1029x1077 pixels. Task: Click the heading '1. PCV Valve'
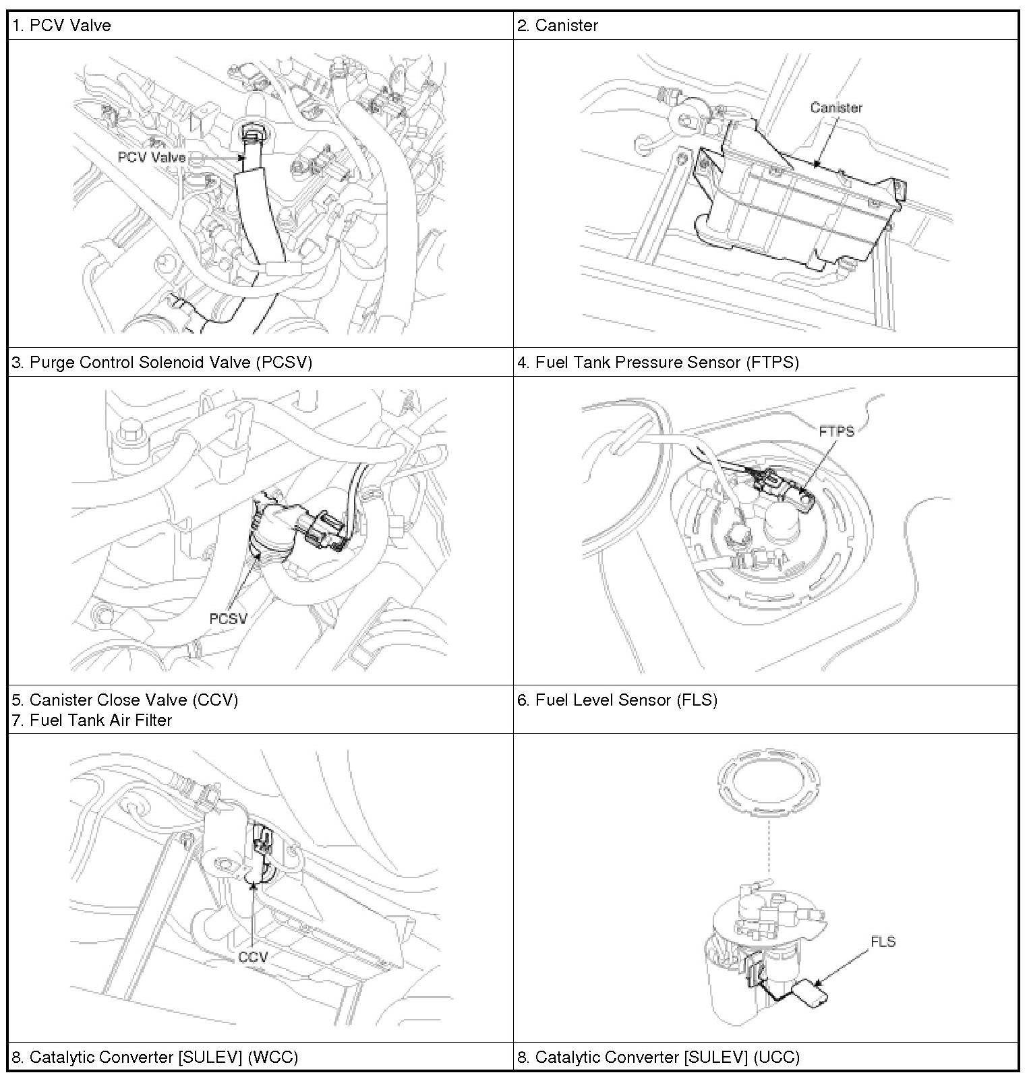[x=61, y=26]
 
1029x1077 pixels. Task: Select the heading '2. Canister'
[x=558, y=26]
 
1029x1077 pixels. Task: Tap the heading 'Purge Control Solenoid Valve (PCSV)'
[x=162, y=363]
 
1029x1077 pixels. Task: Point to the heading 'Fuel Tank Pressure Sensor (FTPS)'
[x=658, y=363]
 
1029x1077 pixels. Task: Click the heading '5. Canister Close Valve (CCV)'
[x=125, y=700]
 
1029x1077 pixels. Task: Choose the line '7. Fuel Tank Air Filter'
[x=92, y=720]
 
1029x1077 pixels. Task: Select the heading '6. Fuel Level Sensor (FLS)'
[x=617, y=700]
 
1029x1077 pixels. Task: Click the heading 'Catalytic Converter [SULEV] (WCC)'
[x=154, y=1057]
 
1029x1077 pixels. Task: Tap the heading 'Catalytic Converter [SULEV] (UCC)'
[x=658, y=1057]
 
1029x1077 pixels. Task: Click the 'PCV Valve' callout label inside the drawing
[x=152, y=157]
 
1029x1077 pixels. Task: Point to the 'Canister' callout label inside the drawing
[x=836, y=108]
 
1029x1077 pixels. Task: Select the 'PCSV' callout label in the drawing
[x=228, y=618]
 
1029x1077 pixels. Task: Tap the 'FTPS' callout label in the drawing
[x=836, y=431]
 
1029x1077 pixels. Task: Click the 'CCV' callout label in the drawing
[x=253, y=957]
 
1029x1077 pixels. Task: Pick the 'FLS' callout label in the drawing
[x=883, y=942]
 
